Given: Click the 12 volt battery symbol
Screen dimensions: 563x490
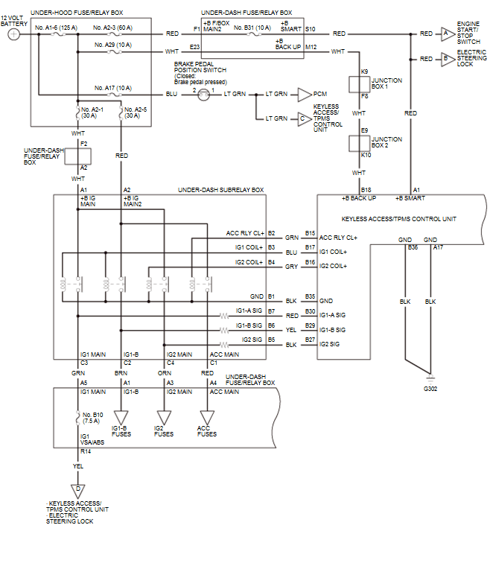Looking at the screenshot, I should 13,34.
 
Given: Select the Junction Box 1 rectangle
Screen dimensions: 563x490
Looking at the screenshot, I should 359,83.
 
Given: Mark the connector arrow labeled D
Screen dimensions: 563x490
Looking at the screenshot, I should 78,489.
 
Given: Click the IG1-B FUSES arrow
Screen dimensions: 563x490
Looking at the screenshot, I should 122,419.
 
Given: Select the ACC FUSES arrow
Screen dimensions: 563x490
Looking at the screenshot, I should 207,419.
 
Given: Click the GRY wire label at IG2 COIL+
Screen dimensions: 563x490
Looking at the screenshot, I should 290,266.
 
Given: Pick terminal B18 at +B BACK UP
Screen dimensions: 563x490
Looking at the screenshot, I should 366,191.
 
